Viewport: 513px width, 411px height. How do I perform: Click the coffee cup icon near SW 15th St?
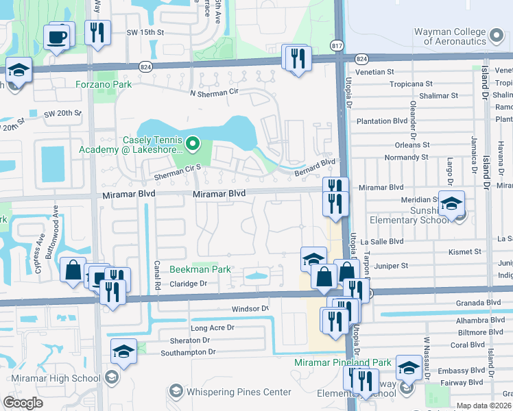pos(57,36)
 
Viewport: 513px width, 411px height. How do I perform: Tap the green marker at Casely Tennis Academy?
pos(192,144)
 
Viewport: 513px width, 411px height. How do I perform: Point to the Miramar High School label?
pos(57,378)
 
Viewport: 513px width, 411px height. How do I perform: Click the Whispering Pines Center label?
pos(237,392)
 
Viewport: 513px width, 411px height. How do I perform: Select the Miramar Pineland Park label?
pos(342,362)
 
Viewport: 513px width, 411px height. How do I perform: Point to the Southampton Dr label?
pos(188,352)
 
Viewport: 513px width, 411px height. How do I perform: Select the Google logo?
pos(23,403)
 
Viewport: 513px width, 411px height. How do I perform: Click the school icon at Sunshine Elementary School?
pos(451,204)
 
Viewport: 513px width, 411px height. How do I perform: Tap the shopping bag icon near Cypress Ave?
pos(73,270)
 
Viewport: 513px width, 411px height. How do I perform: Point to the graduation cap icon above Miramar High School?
pos(123,351)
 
